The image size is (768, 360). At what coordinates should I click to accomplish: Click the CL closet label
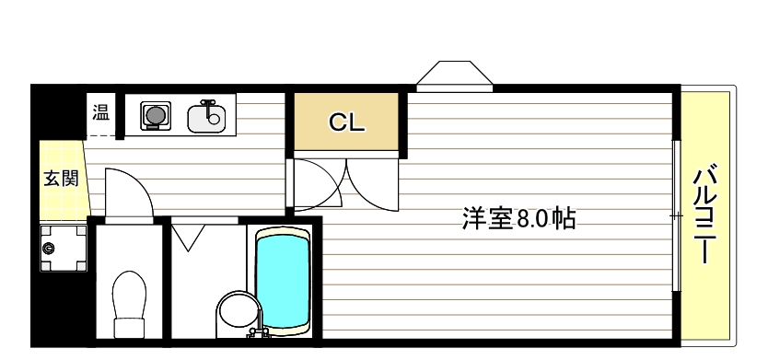coord(347,122)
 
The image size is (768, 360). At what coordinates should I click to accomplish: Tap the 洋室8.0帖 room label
coord(518,219)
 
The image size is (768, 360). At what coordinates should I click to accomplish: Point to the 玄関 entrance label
coord(61,179)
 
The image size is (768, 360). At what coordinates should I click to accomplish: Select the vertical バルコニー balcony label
coord(706,215)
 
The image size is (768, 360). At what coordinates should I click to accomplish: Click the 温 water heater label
coord(99,113)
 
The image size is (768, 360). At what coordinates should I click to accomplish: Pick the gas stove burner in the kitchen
coord(155,115)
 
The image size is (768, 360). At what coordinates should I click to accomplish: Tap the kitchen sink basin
coord(207,118)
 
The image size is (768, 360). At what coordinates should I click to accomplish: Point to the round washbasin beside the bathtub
coord(236,312)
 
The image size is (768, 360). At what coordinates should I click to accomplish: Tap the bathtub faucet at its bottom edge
coord(257,332)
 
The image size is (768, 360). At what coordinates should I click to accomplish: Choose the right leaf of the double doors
coord(372,183)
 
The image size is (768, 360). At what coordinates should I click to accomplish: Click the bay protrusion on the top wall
coord(454,76)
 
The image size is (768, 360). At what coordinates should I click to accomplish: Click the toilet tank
coord(128,328)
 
